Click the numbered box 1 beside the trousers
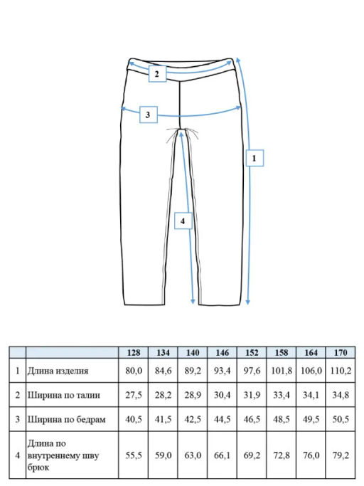(x=255, y=158)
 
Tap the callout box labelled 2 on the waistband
(x=157, y=74)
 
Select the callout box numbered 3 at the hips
(x=149, y=115)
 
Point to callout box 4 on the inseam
(x=183, y=221)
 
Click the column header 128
(x=134, y=353)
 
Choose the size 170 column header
(x=340, y=353)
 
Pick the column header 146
(x=222, y=353)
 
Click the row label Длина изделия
(x=58, y=371)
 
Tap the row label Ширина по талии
(x=64, y=395)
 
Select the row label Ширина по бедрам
(x=67, y=419)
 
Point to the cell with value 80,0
(x=134, y=371)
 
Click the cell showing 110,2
(x=341, y=371)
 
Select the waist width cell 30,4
(x=222, y=395)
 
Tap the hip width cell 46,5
(x=252, y=419)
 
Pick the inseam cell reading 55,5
(x=134, y=455)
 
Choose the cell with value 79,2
(x=341, y=455)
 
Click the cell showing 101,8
(x=282, y=371)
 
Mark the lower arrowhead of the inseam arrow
(x=193, y=302)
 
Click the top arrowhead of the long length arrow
(x=238, y=59)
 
